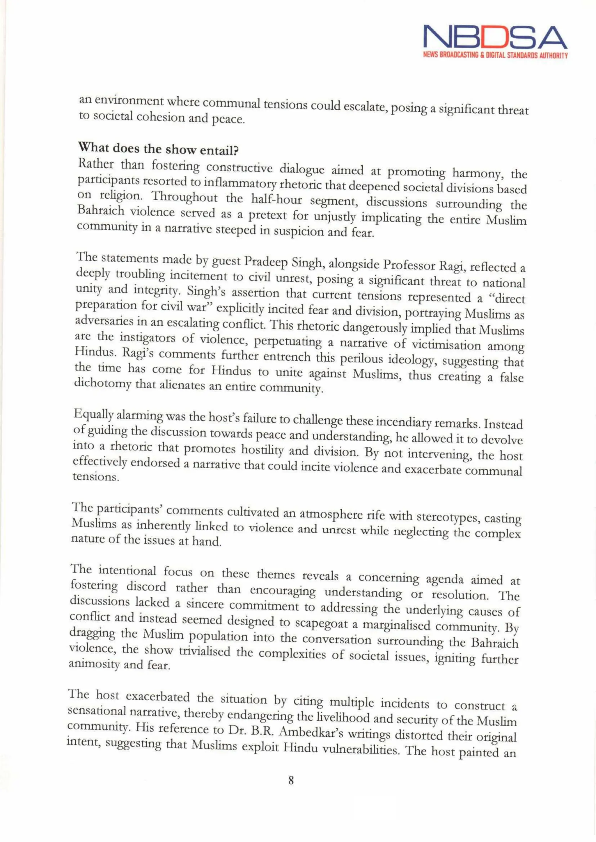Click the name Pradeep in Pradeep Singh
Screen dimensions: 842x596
tap(266, 262)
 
